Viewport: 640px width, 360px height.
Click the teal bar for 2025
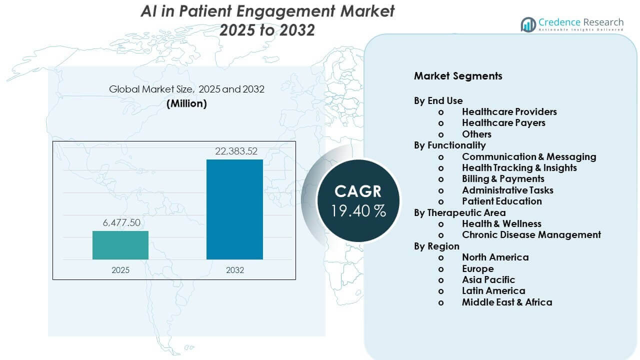[120, 245]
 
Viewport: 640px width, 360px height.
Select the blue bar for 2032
[234, 209]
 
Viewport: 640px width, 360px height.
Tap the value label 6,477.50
[120, 223]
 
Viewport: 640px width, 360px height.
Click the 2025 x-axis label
[120, 270]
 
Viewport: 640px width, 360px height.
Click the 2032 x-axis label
[234, 270]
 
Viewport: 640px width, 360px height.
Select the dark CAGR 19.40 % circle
[358, 200]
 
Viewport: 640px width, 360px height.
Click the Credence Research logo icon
[528, 24]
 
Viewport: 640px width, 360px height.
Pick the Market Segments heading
[458, 76]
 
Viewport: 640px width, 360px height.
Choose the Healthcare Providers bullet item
[509, 111]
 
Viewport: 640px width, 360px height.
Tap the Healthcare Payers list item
[503, 122]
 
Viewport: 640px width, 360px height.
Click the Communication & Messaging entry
[529, 156]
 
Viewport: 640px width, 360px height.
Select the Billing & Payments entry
[503, 178]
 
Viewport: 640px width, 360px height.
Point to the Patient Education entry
[501, 201]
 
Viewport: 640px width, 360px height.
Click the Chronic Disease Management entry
[531, 234]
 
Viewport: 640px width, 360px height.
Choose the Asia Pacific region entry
[488, 279]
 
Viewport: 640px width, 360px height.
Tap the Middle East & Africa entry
[507, 302]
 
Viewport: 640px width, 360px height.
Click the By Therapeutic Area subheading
[459, 212]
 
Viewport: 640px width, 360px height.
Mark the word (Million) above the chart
[186, 103]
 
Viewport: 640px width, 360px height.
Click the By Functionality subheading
[449, 145]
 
